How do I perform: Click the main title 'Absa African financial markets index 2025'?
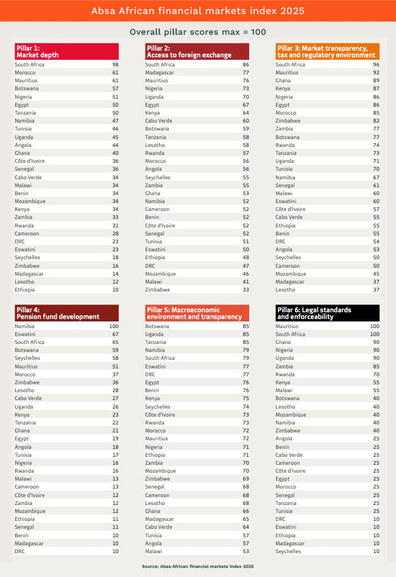coord(197,11)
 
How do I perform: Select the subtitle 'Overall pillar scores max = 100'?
coord(197,32)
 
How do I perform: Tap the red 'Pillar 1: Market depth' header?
coord(66,51)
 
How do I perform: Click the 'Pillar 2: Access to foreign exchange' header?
coord(197,51)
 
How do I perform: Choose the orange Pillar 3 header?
coord(327,51)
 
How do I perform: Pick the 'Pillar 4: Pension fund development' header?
coord(66,313)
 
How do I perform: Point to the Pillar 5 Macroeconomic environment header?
coord(197,313)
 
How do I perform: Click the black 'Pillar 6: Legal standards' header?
coord(327,313)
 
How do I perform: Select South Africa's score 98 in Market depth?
coord(115,64)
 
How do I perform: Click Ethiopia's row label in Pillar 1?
coord(25,290)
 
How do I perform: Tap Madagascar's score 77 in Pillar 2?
coord(246,73)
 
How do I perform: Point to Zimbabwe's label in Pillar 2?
coord(157,290)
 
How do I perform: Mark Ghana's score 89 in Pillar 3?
coord(376,81)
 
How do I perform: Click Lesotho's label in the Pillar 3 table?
coord(285,290)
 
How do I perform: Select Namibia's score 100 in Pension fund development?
coord(114,326)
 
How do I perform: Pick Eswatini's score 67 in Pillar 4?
coord(115,334)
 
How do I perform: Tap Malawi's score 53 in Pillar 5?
coord(246,551)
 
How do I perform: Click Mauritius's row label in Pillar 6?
coord(288,326)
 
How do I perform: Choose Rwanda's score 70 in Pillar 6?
coord(376,375)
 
